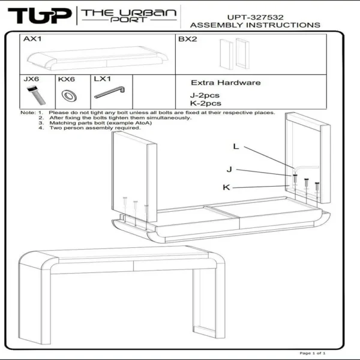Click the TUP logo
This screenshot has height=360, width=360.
pos(40,16)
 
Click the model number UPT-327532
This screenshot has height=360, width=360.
pos(256,17)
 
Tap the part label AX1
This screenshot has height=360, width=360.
pos(32,39)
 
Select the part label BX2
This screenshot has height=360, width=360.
pos(188,39)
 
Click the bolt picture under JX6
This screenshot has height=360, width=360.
pos(36,95)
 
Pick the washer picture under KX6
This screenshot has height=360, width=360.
pos(69,95)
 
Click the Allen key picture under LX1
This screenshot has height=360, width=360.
pos(110,92)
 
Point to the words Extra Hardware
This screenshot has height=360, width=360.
pos(226,83)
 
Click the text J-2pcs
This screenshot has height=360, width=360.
pos(205,95)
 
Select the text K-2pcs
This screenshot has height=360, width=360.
pos(206,103)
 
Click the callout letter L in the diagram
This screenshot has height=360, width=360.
pos(236,146)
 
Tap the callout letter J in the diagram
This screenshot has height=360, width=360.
pos(229,169)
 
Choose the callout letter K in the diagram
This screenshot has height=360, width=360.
pos(226,187)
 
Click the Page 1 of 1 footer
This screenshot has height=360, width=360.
pos(313,353)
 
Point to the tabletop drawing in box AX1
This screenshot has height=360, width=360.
pos(98,58)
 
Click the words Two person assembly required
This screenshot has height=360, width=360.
pos(95,128)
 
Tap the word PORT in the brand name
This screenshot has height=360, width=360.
pos(128,20)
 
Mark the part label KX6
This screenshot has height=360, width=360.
pos(67,79)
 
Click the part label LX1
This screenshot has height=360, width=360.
pos(103,79)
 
